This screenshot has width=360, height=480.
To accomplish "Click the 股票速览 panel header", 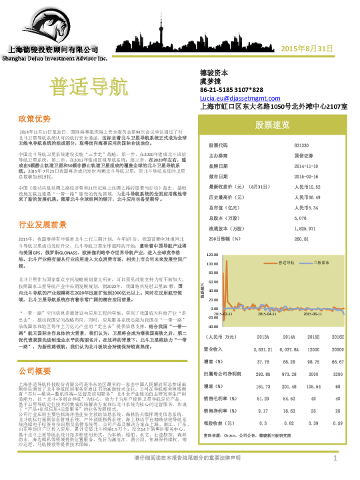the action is [272, 125].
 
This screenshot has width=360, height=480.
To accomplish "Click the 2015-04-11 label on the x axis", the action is [267, 313].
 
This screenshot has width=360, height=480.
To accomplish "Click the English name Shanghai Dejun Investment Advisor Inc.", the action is [46, 58].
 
